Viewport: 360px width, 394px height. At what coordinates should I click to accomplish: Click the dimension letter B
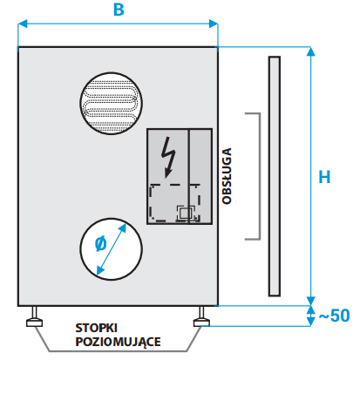(x=119, y=10)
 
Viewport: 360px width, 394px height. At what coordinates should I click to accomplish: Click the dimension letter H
(x=324, y=177)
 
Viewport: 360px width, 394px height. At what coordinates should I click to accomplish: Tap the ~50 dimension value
(x=334, y=316)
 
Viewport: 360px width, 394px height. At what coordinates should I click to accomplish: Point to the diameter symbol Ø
(x=101, y=244)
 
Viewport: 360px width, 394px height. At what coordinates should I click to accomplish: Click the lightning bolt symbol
(x=168, y=157)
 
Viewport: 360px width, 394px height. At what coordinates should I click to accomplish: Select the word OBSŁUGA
(x=227, y=176)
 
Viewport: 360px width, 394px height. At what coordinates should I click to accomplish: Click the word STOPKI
(x=96, y=328)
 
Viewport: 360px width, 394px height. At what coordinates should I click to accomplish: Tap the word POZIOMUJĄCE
(x=118, y=342)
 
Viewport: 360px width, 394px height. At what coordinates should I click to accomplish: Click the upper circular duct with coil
(x=112, y=104)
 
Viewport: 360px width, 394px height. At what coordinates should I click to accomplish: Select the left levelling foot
(x=35, y=317)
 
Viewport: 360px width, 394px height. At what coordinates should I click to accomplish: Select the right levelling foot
(x=201, y=317)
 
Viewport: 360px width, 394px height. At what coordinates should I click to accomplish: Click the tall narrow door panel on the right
(x=275, y=176)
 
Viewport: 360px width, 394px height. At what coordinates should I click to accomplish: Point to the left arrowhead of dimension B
(x=23, y=24)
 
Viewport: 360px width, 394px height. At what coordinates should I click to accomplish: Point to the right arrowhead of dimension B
(x=214, y=24)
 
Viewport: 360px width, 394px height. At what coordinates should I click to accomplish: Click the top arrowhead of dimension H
(x=311, y=51)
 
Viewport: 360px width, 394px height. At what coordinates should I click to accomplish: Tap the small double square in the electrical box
(x=185, y=214)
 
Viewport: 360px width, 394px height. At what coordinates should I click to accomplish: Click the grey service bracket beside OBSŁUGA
(x=260, y=176)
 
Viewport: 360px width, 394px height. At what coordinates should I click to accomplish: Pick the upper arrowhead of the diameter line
(x=123, y=228)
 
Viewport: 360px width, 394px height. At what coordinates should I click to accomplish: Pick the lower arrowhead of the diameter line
(x=100, y=270)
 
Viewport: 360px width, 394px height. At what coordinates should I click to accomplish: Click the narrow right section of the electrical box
(x=200, y=176)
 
